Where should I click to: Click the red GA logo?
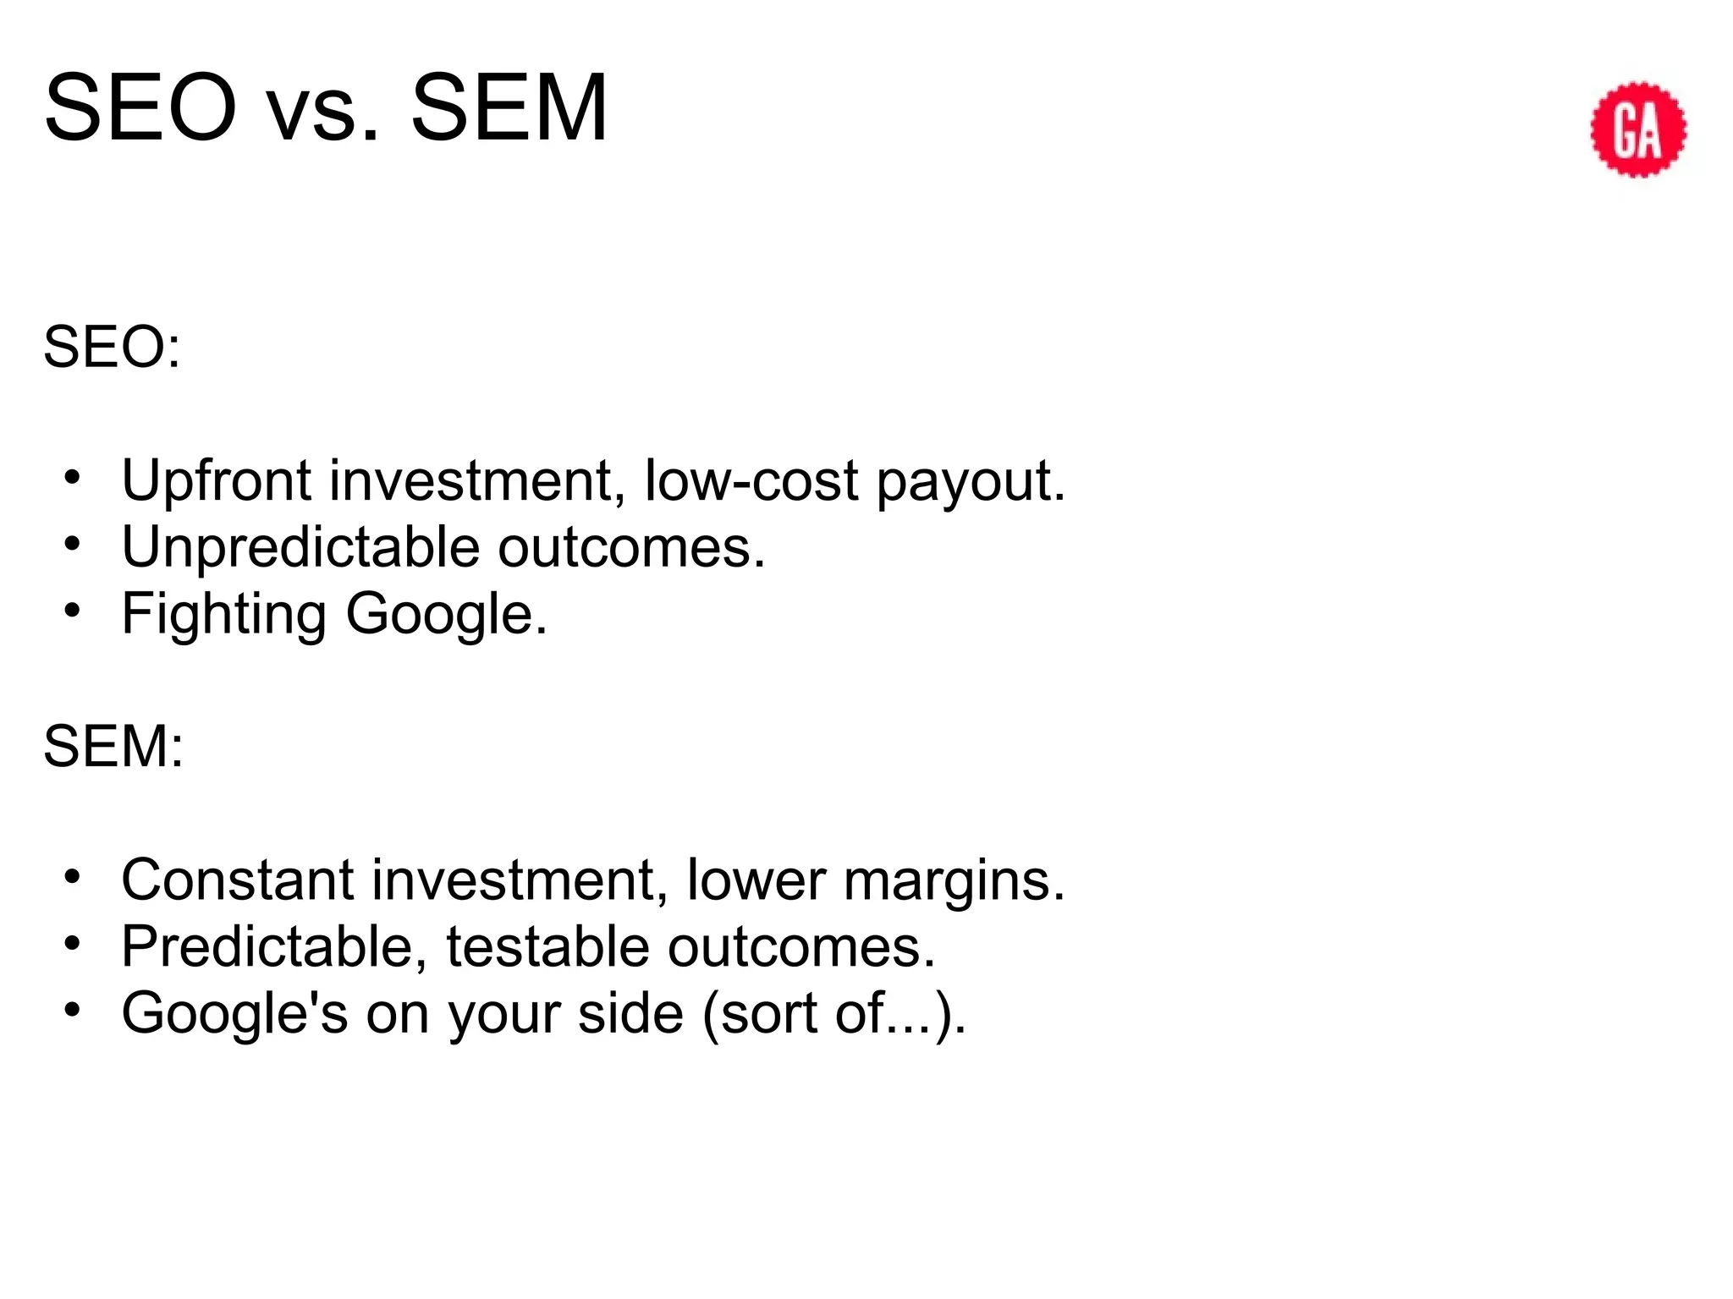[1638, 129]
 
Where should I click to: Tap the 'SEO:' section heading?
[112, 347]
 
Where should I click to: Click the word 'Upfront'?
[217, 481]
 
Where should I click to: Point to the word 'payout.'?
[971, 481]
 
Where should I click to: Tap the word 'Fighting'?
[223, 614]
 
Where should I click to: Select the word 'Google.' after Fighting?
[447, 614]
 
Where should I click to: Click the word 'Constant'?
[237, 880]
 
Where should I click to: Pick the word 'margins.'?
[954, 880]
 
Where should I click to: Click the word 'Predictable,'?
[274, 946]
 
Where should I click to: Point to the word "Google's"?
[234, 1013]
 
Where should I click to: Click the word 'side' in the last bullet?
[630, 1013]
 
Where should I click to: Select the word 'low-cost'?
[751, 481]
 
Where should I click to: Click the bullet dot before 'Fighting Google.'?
[73, 610]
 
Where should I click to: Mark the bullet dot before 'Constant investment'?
[73, 876]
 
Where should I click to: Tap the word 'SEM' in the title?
[509, 110]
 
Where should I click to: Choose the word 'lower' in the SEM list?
[756, 880]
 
